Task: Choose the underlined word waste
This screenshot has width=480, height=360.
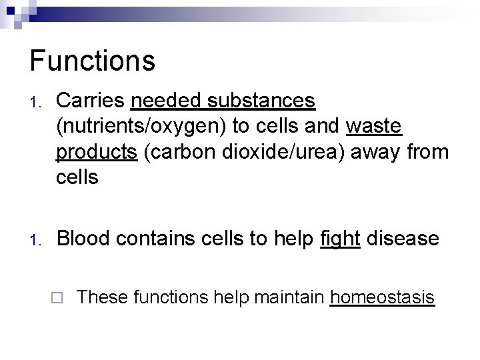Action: [x=375, y=126]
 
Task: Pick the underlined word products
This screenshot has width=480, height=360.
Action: [x=95, y=152]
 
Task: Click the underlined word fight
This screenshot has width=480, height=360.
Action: [x=341, y=238]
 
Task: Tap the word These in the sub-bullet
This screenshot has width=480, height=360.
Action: [x=103, y=297]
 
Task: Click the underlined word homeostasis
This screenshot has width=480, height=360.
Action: [x=382, y=297]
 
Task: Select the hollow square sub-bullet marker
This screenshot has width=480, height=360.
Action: [x=60, y=298]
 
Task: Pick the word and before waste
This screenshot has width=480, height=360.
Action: [x=324, y=126]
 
